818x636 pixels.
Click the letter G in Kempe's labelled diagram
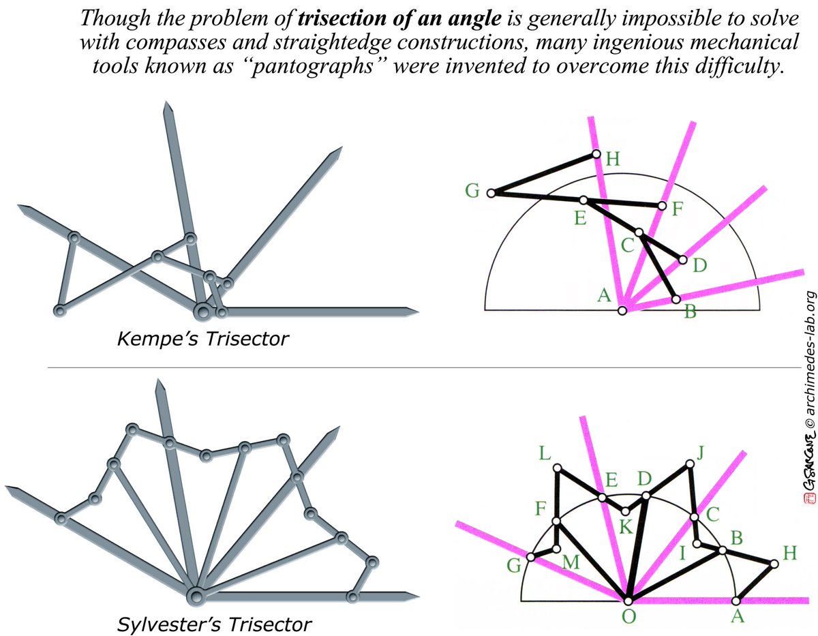tap(472, 190)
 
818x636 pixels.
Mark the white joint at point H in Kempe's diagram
tap(596, 155)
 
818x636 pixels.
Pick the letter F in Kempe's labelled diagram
tap(677, 209)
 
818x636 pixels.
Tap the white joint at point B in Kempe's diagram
tap(676, 299)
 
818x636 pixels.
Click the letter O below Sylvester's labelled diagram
tap(627, 617)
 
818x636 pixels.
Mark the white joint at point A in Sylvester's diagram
tap(736, 601)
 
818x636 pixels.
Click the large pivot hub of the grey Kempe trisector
tap(202, 312)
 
